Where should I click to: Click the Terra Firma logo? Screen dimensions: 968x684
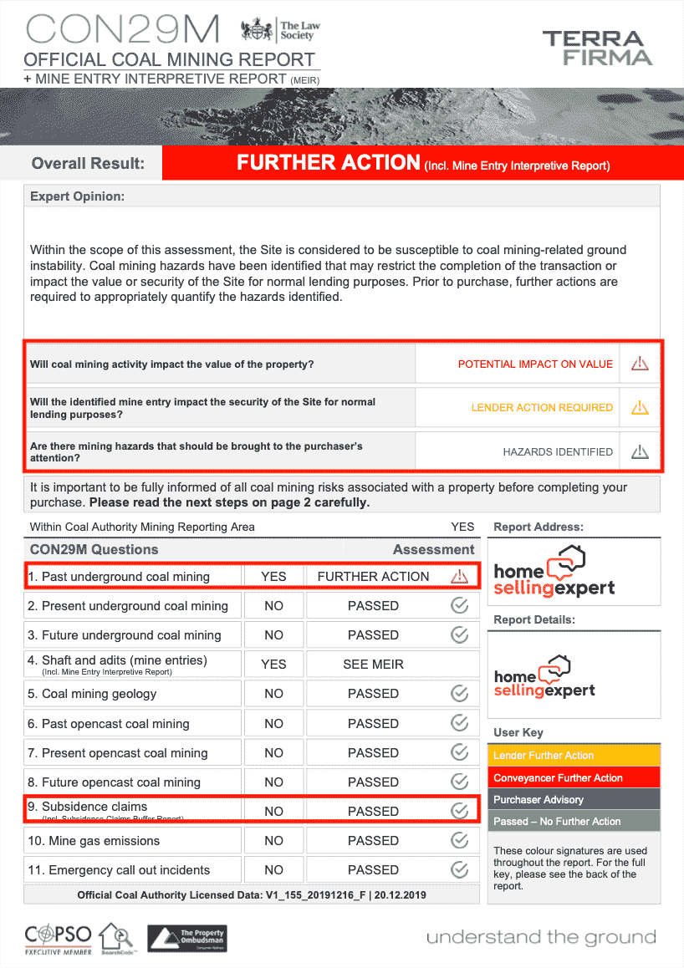tap(596, 48)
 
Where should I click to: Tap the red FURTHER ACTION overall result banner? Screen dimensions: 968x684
tap(423, 163)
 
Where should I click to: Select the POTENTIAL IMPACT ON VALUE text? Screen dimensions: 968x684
tap(535, 364)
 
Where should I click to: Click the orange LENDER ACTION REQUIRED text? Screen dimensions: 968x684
tap(542, 408)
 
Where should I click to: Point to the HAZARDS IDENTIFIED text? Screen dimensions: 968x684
tap(558, 452)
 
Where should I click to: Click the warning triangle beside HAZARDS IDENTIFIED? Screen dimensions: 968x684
tap(640, 452)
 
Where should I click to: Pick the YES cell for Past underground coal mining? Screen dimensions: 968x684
tap(273, 577)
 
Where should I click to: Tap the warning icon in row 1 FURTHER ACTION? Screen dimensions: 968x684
tap(459, 577)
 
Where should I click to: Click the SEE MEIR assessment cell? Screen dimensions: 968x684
tap(373, 665)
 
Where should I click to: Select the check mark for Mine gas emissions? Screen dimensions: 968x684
tap(459, 840)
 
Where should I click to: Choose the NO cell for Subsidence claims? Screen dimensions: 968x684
tap(273, 811)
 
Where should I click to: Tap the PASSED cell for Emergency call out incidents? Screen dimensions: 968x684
tap(373, 870)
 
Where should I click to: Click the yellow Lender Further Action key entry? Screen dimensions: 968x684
tap(574, 756)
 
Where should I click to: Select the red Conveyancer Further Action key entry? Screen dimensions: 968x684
tap(574, 777)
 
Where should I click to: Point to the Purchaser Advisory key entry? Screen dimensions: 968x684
tap(574, 800)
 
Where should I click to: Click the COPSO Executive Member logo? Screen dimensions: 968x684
tap(59, 938)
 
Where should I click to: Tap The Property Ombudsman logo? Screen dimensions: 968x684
tap(186, 938)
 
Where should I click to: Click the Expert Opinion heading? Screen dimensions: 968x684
tap(77, 196)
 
